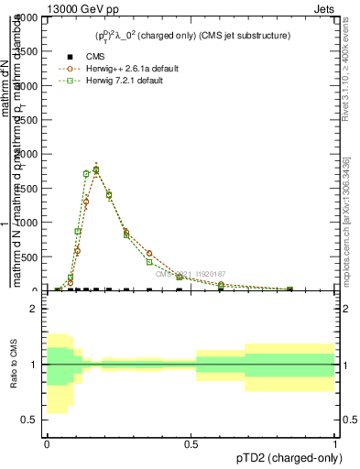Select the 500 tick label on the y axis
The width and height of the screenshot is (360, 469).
(29, 257)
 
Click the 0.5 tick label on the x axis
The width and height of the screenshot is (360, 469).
(191, 444)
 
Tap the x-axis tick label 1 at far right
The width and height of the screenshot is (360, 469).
(335, 444)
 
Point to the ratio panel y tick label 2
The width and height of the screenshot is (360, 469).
(34, 310)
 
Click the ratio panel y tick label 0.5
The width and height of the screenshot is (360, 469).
(30, 420)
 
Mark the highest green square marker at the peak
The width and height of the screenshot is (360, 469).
(96, 169)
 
